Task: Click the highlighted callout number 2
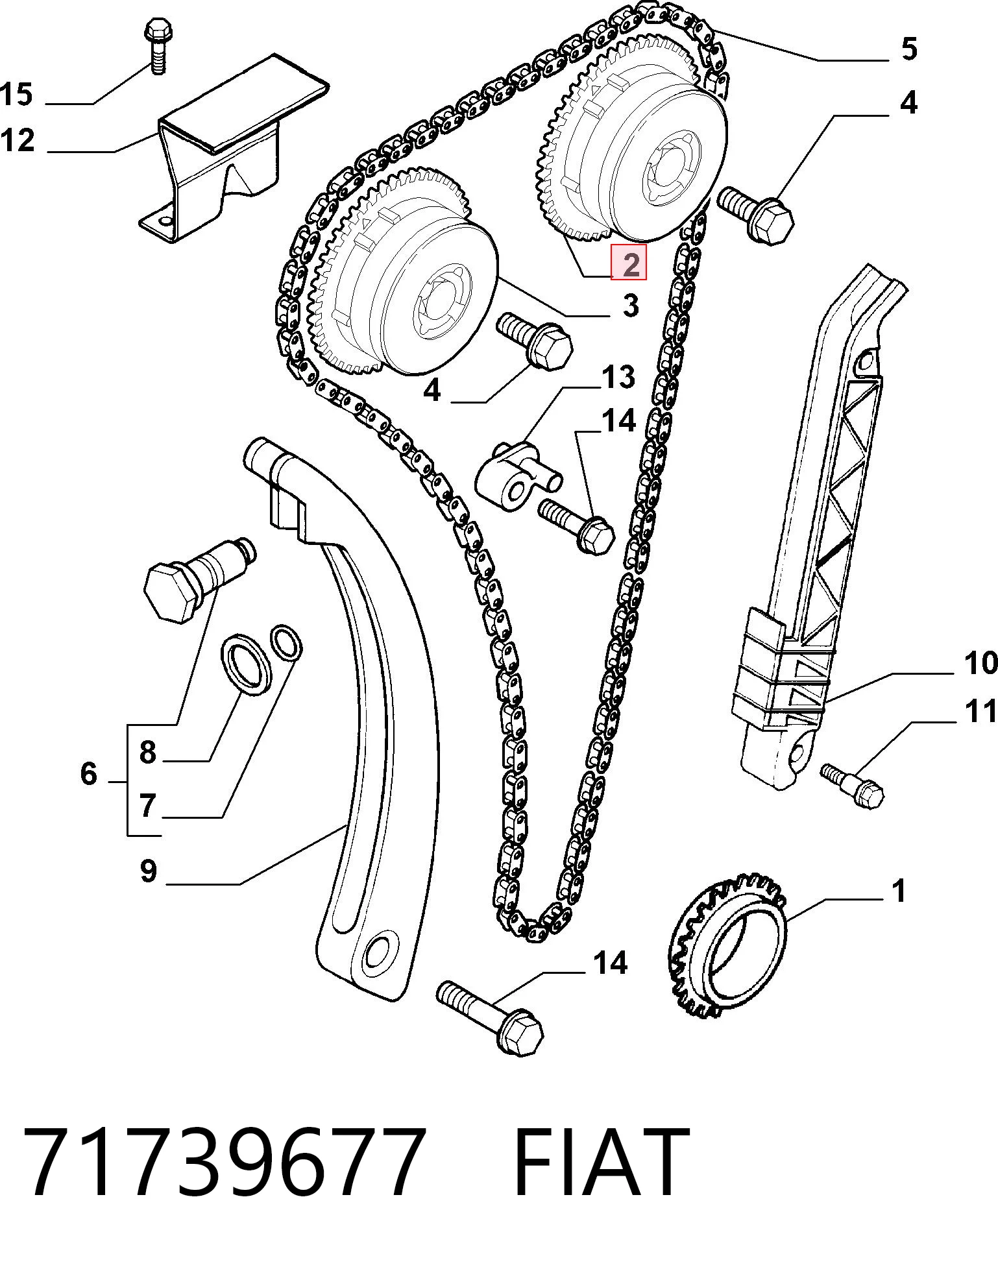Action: pyautogui.click(x=631, y=263)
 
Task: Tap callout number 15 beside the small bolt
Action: pyautogui.click(x=16, y=94)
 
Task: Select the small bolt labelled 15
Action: pyautogui.click(x=156, y=47)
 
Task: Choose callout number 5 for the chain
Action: pyautogui.click(x=909, y=49)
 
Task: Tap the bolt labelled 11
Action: pyautogui.click(x=853, y=786)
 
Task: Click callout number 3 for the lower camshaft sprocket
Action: pyautogui.click(x=631, y=306)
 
